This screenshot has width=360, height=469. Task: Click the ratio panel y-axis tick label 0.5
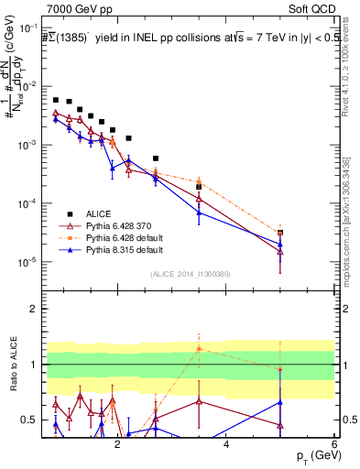(x=29, y=420)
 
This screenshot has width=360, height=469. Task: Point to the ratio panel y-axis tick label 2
(x=34, y=309)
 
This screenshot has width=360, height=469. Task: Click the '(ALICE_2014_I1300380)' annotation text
(x=190, y=274)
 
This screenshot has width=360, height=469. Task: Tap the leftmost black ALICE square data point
(x=56, y=100)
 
